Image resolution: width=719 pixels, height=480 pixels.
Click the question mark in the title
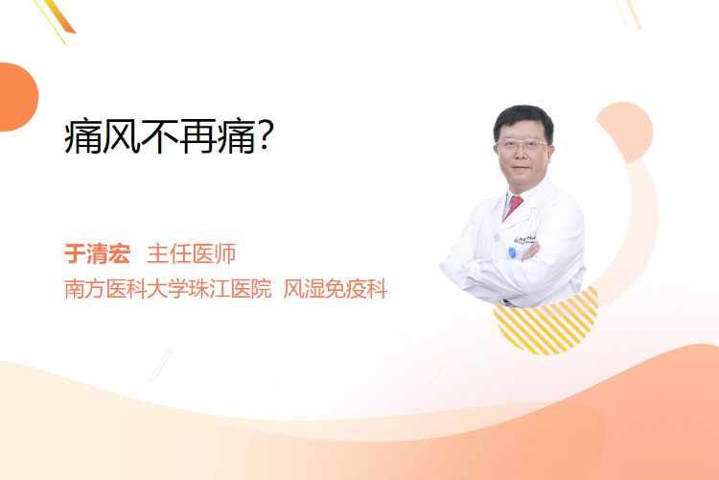coord(265,135)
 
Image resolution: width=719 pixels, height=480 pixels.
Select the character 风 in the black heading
coord(121,136)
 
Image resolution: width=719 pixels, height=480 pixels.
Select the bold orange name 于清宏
coord(97,254)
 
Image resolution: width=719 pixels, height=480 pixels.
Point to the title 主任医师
coord(192,254)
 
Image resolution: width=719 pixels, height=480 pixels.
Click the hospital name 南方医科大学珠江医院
coord(168,289)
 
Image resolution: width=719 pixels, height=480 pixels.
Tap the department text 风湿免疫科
coord(336,289)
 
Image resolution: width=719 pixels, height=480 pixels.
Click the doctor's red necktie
coord(513,206)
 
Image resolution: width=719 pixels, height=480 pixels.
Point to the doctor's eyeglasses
coord(522,145)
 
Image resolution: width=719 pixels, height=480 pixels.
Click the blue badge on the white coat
coord(513,252)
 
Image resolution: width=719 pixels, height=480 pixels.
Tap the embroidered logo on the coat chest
coord(525,239)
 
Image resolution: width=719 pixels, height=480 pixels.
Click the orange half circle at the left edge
coord(17,97)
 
